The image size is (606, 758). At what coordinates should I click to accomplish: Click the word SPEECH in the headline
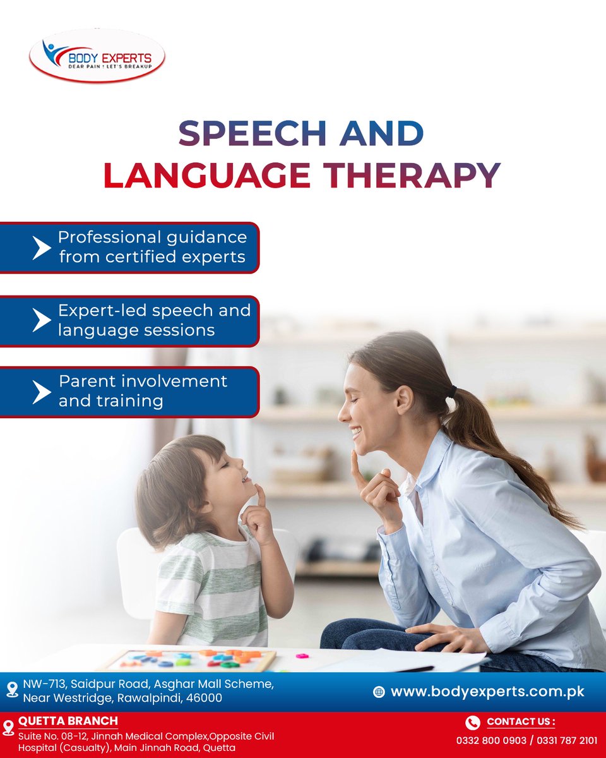[251, 134]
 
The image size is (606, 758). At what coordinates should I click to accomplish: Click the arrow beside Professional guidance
[41, 248]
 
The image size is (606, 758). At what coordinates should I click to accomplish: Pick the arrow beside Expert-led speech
[41, 320]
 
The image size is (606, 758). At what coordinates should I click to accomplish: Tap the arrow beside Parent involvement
[41, 392]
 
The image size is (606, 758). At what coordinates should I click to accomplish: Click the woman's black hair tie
[453, 393]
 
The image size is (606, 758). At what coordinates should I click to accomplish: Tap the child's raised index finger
[260, 495]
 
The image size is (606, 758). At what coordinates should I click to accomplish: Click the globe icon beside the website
[379, 692]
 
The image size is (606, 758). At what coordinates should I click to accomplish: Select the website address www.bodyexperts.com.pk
[487, 692]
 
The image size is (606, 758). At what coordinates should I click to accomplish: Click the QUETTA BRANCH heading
[68, 721]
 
